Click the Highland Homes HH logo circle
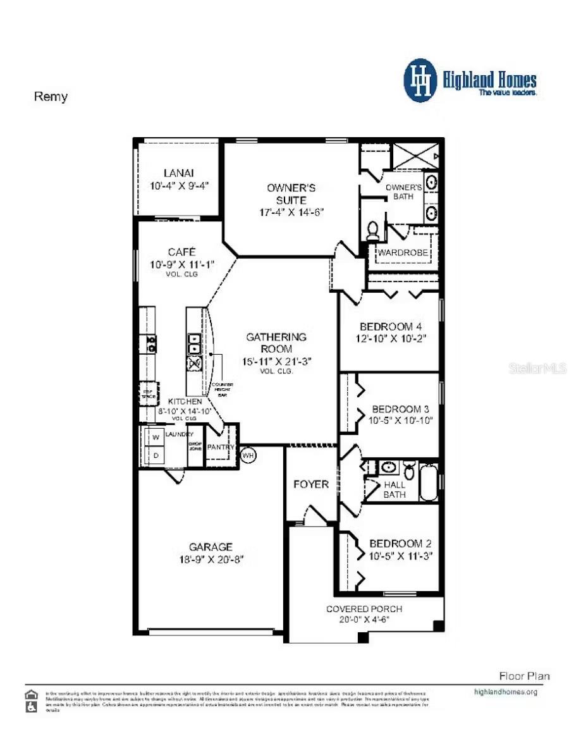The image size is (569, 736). pyautogui.click(x=420, y=81)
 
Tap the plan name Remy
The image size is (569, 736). pyautogui.click(x=50, y=97)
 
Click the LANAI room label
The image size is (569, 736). pyautogui.click(x=178, y=173)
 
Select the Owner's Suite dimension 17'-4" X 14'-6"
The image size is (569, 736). pyautogui.click(x=291, y=212)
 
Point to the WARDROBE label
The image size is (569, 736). pyautogui.click(x=403, y=253)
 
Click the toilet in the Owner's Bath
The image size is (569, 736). pyautogui.click(x=374, y=230)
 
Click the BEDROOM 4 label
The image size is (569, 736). pyautogui.click(x=390, y=326)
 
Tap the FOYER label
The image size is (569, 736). pyautogui.click(x=311, y=484)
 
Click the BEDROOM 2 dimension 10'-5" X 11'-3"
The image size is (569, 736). pyautogui.click(x=400, y=556)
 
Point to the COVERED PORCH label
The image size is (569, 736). pyautogui.click(x=364, y=609)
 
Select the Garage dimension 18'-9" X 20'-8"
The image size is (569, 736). pyautogui.click(x=211, y=559)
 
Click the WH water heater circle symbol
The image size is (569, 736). pyautogui.click(x=248, y=455)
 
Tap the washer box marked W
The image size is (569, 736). pyautogui.click(x=154, y=437)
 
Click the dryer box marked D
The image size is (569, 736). pyautogui.click(x=154, y=455)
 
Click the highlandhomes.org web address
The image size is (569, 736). pyautogui.click(x=505, y=692)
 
